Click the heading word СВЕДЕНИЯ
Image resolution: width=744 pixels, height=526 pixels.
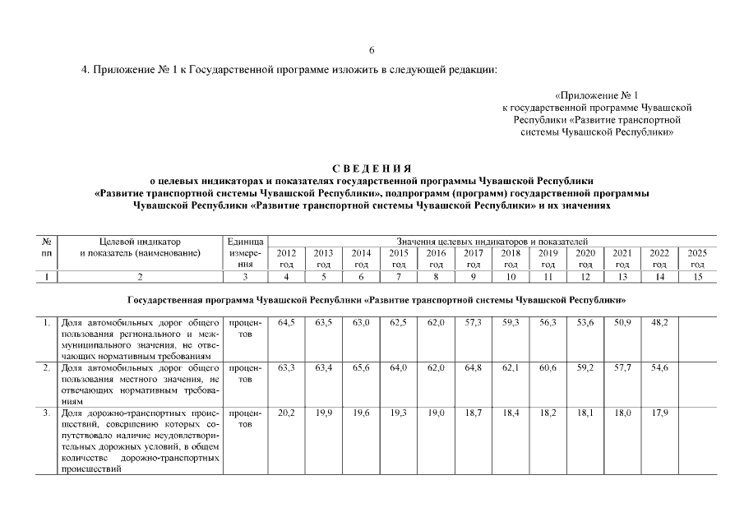click(x=372, y=168)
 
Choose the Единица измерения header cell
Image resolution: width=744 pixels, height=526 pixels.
click(x=244, y=253)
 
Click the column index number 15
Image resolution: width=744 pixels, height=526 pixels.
click(x=697, y=278)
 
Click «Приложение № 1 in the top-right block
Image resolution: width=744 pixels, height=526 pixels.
click(x=597, y=95)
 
